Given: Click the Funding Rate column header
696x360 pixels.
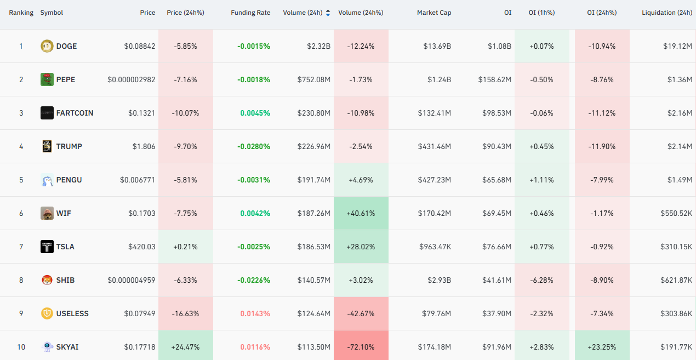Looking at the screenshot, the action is click(250, 13).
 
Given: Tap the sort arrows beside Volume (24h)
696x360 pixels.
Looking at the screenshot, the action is click(328, 13).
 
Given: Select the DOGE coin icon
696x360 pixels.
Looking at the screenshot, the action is click(47, 46).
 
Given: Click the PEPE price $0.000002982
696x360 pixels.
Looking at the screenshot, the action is click(131, 79).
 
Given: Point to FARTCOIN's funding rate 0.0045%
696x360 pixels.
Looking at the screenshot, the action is click(255, 113).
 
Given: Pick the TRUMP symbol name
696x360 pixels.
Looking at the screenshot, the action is click(69, 146).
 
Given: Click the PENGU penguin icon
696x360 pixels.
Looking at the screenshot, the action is click(47, 180).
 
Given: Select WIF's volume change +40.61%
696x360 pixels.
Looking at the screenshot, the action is click(361, 213).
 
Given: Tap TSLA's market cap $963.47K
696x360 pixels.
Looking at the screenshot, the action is click(435, 247).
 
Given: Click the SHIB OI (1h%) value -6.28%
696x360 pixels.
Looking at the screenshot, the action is click(541, 280).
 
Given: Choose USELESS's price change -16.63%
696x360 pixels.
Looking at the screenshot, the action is click(185, 313).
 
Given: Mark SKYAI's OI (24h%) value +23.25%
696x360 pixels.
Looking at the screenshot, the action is click(602, 347).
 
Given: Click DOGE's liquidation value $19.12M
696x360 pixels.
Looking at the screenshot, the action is click(678, 46).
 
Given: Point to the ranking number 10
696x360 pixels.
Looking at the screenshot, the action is click(21, 347).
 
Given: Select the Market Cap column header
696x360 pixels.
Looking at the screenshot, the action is click(434, 13).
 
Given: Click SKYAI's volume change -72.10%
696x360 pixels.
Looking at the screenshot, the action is click(361, 347).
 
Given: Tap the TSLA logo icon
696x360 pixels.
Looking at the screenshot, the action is click(47, 247).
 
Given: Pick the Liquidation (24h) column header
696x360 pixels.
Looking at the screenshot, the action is click(667, 13).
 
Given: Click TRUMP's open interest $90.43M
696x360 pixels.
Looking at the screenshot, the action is click(497, 146).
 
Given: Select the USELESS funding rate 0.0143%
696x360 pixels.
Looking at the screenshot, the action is click(255, 313).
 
